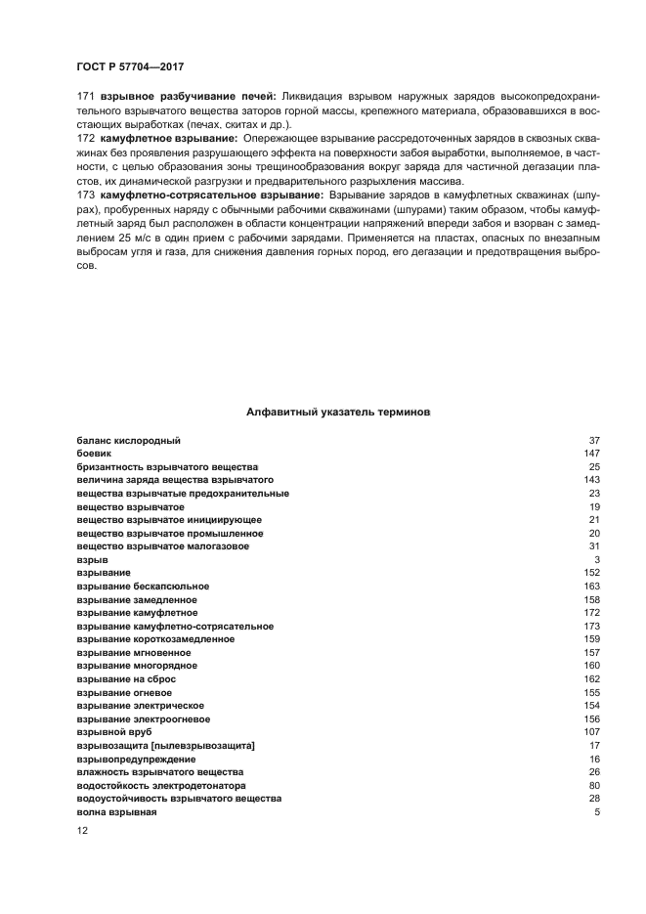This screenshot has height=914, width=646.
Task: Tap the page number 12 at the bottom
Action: coord(82,830)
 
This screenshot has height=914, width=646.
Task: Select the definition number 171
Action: coord(85,98)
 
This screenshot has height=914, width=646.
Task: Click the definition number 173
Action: coord(85,196)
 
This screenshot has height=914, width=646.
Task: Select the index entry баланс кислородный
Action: coord(128,441)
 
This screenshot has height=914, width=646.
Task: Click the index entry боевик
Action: coord(94,454)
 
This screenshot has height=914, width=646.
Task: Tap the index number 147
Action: coord(591,454)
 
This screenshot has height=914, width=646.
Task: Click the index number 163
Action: coord(591,586)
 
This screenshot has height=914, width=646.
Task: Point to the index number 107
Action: coord(591,732)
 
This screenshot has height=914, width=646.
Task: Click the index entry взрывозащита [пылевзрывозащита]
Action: coord(165,746)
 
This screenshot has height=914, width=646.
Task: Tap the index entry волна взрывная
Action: coord(116,812)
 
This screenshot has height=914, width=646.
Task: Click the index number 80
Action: coord(594,785)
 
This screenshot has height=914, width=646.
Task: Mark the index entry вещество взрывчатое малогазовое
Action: coord(162,546)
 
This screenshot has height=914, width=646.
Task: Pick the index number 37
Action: coord(594,441)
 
